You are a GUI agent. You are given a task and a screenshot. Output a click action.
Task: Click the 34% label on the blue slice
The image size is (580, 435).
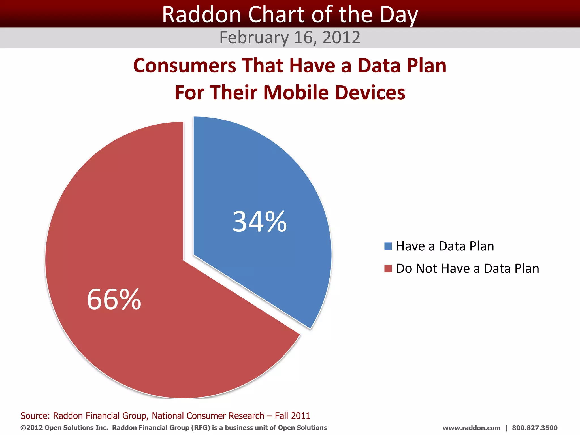pyautogui.click(x=260, y=222)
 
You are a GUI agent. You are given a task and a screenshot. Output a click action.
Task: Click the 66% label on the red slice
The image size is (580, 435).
pyautogui.click(x=114, y=300)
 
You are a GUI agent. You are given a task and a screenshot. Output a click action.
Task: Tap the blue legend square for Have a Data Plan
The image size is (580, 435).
pyautogui.click(x=388, y=246)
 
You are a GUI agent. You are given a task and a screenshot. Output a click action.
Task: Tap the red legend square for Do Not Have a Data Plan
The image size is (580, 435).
pyautogui.click(x=388, y=268)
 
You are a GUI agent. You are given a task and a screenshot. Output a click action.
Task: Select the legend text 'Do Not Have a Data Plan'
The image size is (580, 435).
pyautogui.click(x=467, y=268)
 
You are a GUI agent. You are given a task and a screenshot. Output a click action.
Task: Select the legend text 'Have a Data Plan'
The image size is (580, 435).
pyautogui.click(x=445, y=246)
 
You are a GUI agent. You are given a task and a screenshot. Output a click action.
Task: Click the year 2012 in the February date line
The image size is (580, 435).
pyautogui.click(x=341, y=37)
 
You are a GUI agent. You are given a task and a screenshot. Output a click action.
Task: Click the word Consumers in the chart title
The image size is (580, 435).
pyautogui.click(x=184, y=66)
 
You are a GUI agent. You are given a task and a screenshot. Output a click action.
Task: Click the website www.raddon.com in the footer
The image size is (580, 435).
pyautogui.click(x=471, y=428)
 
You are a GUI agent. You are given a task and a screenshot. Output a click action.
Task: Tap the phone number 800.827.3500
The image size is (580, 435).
pyautogui.click(x=534, y=428)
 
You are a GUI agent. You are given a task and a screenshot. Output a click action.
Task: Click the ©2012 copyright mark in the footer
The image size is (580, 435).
pyautogui.click(x=31, y=428)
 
